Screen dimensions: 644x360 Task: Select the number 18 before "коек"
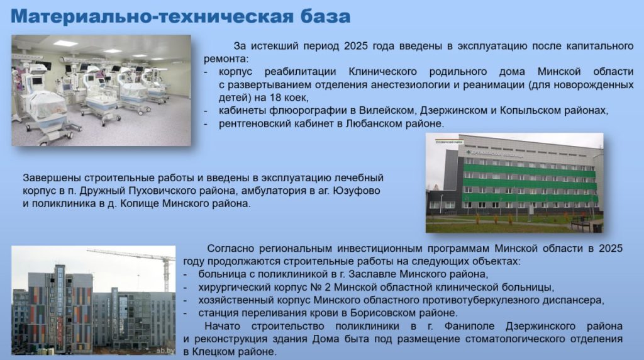tap(276, 98)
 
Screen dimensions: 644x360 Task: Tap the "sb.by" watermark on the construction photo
tap(165, 351)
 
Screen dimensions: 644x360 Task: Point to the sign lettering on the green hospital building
tap(495, 154)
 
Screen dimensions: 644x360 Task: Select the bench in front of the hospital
tap(581, 225)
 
